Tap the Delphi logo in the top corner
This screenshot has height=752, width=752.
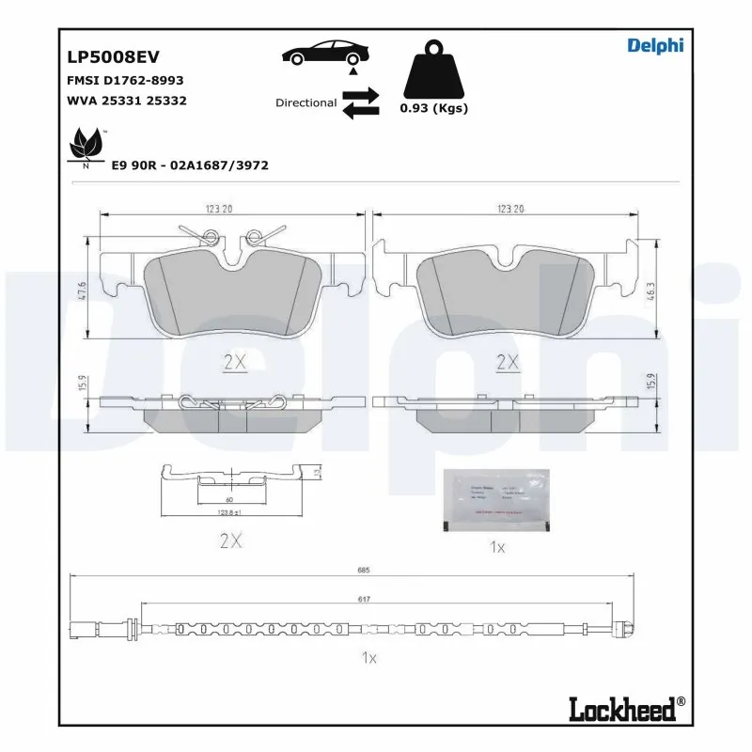[654, 45]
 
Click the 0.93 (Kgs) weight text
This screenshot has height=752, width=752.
[433, 108]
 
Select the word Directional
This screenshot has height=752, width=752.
[305, 102]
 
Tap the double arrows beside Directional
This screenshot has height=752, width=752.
[360, 103]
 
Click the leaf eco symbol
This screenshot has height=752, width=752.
[86, 147]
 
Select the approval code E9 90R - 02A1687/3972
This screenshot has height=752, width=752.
[190, 164]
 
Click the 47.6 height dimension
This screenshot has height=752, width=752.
[83, 290]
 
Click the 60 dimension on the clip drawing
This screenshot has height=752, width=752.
[228, 502]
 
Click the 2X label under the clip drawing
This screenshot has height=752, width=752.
[230, 540]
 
